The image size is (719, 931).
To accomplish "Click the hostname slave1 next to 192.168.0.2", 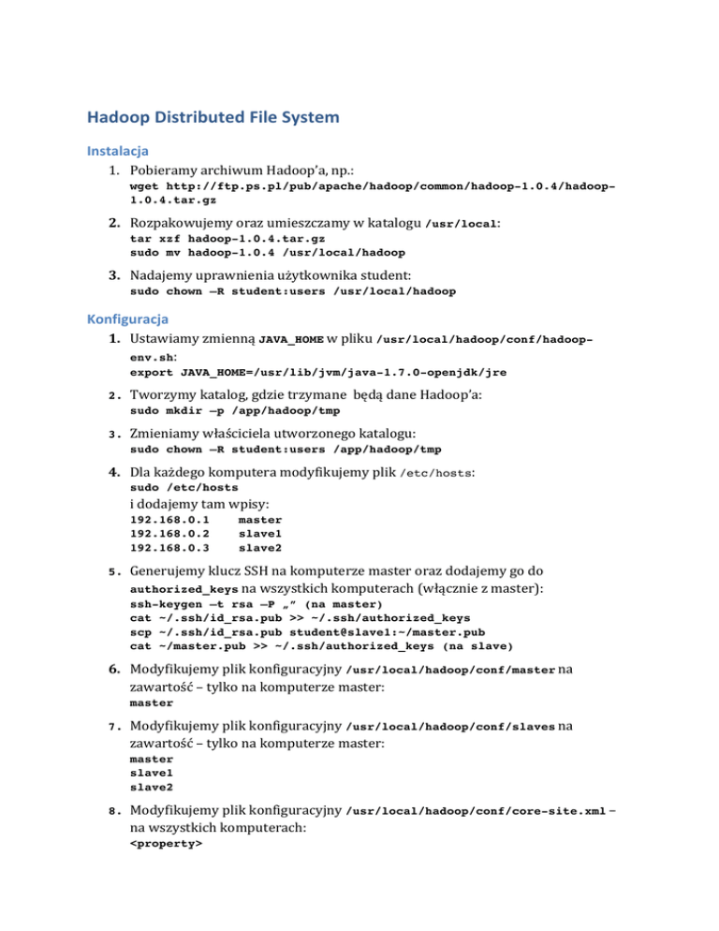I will (260, 533).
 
